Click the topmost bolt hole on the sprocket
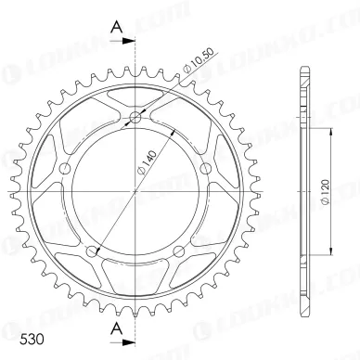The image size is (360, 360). point(136,118)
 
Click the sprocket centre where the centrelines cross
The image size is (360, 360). point(136,190)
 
